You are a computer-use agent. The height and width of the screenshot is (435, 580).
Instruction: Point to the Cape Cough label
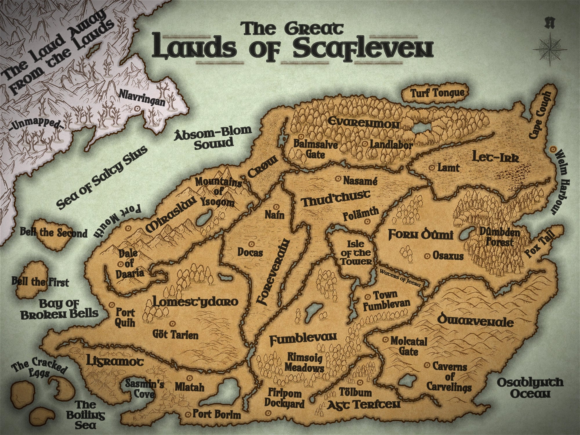540,115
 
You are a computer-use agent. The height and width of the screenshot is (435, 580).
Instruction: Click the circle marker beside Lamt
432,167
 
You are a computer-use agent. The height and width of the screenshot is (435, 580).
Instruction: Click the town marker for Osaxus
427,256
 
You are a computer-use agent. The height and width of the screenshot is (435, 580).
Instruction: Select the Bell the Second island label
53,233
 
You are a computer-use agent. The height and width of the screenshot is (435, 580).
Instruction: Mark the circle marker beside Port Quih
111,305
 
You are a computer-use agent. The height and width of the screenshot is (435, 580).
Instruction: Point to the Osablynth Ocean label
530,388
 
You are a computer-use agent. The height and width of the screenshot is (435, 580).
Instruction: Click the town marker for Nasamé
338,179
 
